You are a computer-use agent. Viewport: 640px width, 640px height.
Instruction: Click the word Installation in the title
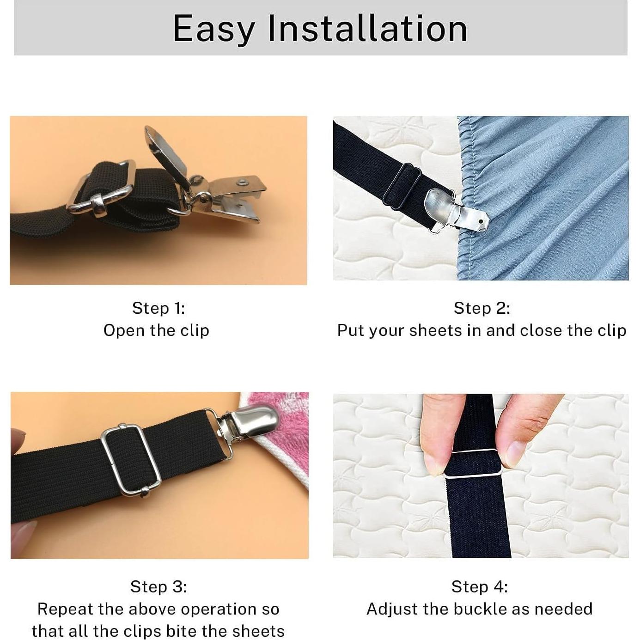(x=367, y=29)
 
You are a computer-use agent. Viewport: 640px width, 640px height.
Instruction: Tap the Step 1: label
(x=158, y=308)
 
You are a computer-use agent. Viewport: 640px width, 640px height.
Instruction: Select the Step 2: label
(x=482, y=308)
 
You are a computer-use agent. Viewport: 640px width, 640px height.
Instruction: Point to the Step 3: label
(x=158, y=587)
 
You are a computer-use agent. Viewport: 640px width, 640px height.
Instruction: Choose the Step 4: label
(x=480, y=587)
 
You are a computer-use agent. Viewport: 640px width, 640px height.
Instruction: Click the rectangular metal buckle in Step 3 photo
(x=131, y=460)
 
